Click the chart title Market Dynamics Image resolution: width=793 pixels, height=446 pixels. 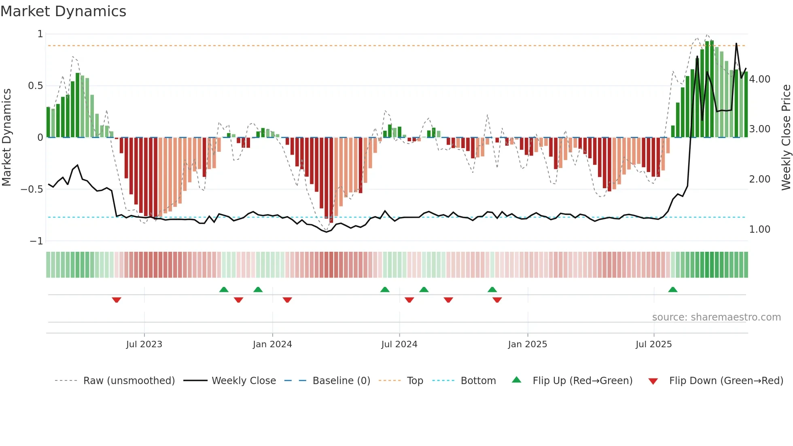click(63, 11)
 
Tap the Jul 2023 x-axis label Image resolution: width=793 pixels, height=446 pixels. click(144, 344)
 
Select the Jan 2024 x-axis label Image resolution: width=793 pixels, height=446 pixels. click(272, 344)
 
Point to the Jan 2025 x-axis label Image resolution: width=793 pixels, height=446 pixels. click(528, 344)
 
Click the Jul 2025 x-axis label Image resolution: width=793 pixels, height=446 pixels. click(653, 344)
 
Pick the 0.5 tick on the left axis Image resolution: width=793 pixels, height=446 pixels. click(35, 86)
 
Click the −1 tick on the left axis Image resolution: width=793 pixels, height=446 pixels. click(36, 241)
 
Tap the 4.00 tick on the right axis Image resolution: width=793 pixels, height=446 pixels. click(759, 79)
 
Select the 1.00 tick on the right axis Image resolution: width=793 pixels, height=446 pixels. click(759, 229)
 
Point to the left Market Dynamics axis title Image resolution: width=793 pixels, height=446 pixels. click(7, 138)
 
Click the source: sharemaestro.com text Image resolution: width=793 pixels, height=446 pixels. click(716, 317)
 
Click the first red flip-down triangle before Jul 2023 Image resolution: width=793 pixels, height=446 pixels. click(117, 300)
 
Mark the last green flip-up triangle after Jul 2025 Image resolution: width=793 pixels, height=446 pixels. click(672, 289)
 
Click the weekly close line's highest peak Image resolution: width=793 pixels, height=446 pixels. click(736, 44)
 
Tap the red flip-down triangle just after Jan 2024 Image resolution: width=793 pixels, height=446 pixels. click(287, 300)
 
